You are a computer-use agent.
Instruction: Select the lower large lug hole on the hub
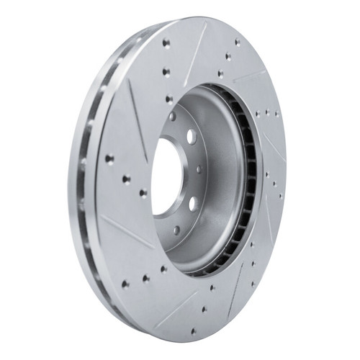point(192,203)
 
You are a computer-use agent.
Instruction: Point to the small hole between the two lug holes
point(199,169)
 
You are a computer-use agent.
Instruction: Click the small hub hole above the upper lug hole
point(173,116)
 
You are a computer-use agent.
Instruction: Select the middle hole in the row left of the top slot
point(166,71)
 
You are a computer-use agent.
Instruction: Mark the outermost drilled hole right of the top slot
point(238,41)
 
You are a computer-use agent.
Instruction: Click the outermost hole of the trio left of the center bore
point(109,158)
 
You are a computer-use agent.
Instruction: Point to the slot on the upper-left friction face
point(138,115)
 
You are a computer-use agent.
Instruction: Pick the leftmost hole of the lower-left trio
point(125,283)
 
